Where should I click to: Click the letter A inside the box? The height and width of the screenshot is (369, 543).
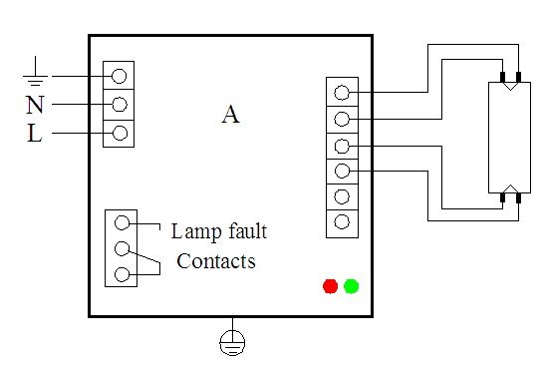click(x=230, y=115)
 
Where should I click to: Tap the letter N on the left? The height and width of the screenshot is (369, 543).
click(x=34, y=105)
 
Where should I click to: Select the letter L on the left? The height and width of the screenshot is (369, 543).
click(x=34, y=135)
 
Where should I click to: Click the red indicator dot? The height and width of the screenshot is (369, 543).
click(x=330, y=286)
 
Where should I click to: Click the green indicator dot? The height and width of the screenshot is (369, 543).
click(x=351, y=286)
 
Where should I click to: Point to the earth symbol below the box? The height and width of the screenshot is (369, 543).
click(x=230, y=343)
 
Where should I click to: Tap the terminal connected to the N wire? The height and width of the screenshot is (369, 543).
click(x=120, y=104)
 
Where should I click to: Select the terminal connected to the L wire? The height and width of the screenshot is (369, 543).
click(x=120, y=133)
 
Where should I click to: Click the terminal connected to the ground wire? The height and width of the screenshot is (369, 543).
click(x=120, y=76)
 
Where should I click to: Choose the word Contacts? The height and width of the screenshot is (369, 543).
click(x=215, y=261)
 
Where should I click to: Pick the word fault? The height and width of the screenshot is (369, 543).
click(x=245, y=231)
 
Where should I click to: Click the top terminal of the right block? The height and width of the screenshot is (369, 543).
click(x=342, y=93)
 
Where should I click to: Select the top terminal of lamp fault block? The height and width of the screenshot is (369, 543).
click(x=123, y=222)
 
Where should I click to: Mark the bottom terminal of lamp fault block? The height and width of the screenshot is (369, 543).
click(x=123, y=274)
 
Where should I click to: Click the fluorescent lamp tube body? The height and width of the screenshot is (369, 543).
click(x=508, y=138)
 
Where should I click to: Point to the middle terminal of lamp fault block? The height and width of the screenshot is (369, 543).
click(x=123, y=248)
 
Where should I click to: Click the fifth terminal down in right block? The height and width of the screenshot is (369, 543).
click(x=342, y=195)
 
